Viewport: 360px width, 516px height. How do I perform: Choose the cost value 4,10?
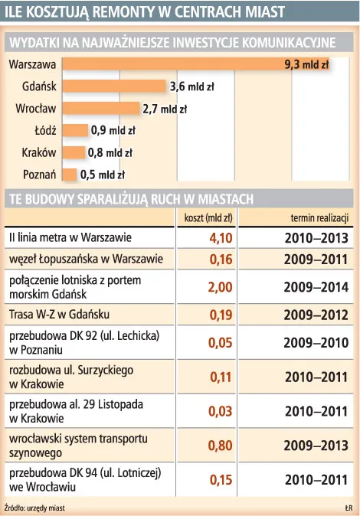click(220, 237)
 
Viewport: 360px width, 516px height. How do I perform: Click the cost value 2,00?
click(220, 287)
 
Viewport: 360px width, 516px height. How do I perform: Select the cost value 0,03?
click(220, 411)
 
